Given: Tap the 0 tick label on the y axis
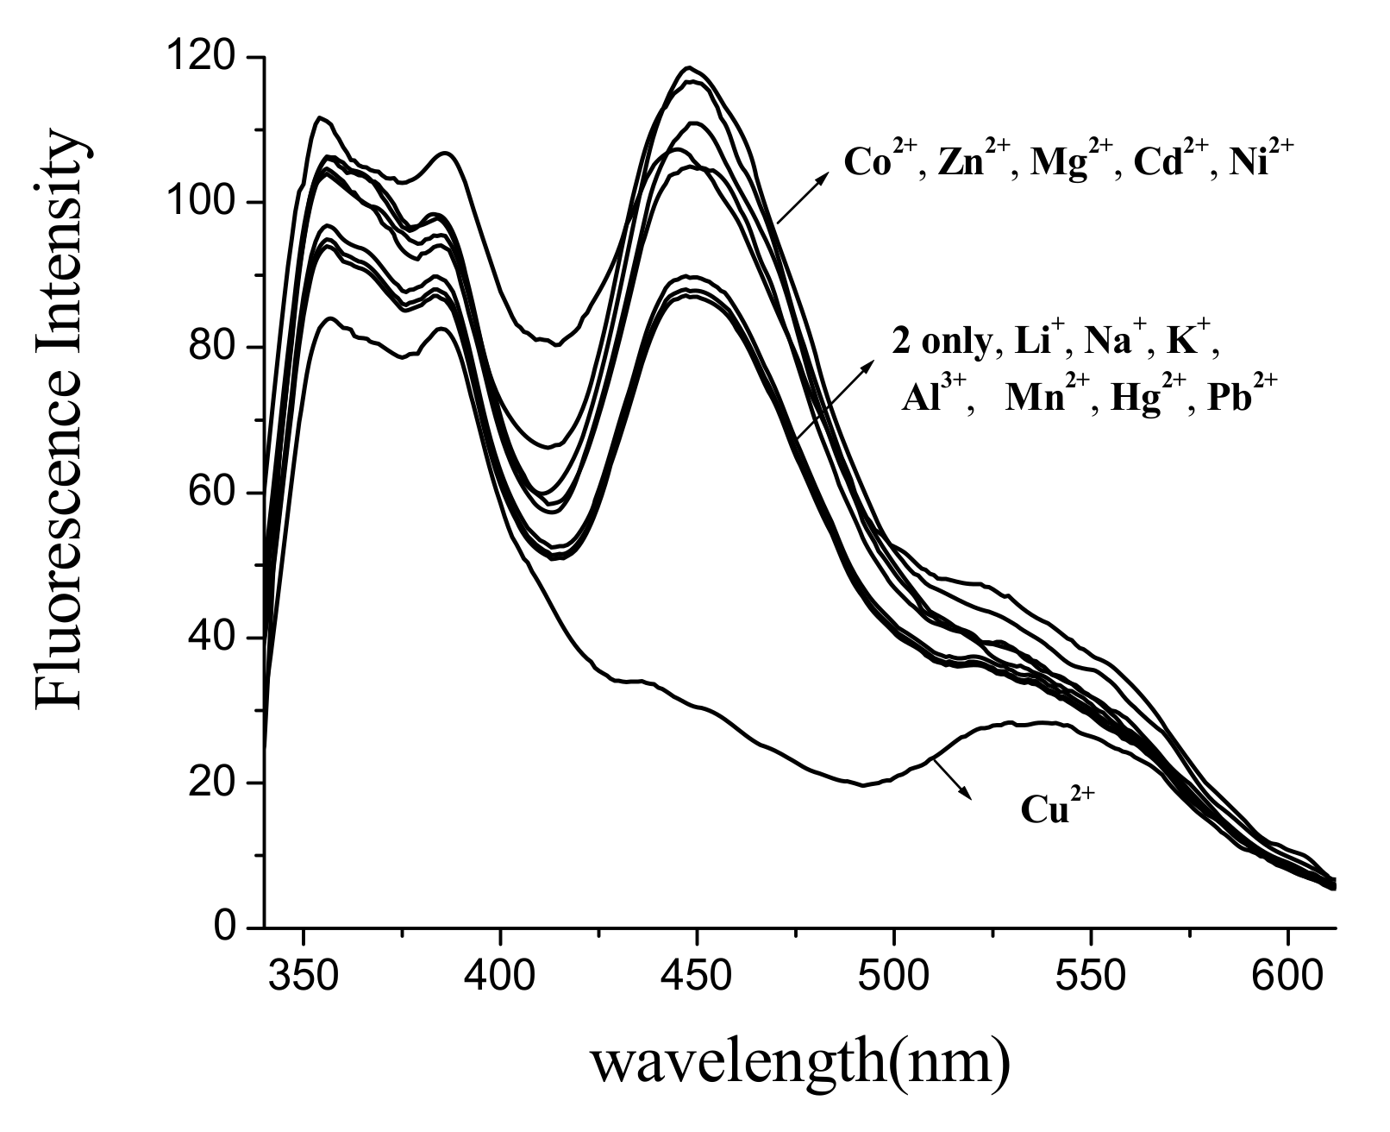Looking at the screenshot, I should click(226, 928).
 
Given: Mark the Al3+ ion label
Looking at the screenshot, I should click(936, 401).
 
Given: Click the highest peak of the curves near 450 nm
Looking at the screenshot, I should click(689, 67).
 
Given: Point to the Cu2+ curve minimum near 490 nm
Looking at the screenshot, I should click(863, 784).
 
